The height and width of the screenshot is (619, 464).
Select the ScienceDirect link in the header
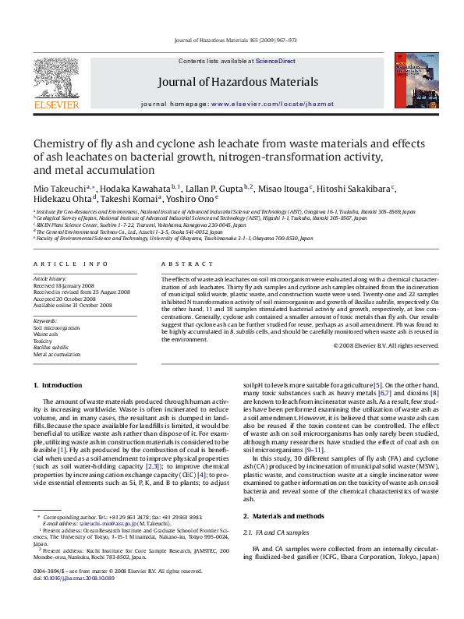[275, 60]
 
